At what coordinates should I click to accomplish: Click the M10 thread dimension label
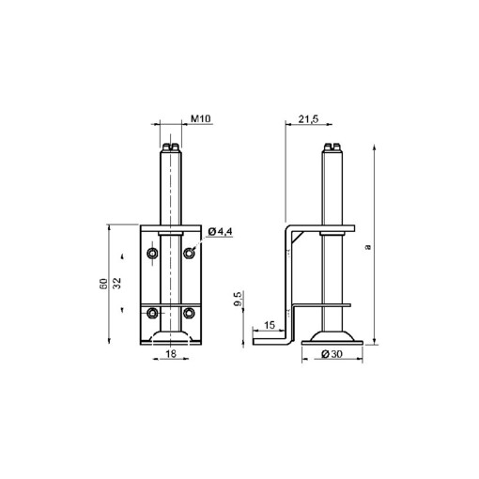[x=201, y=118]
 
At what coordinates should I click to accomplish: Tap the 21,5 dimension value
[x=308, y=118]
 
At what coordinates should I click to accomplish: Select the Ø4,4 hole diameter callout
[x=220, y=232]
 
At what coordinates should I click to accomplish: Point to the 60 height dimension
[x=103, y=284]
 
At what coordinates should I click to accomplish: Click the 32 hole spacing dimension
[x=116, y=284]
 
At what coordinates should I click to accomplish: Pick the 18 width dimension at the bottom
[x=171, y=354]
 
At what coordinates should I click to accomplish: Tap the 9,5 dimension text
[x=238, y=299]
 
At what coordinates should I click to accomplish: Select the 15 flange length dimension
[x=270, y=325]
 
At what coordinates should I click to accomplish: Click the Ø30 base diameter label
[x=332, y=354]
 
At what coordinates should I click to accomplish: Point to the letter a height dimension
[x=368, y=247]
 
